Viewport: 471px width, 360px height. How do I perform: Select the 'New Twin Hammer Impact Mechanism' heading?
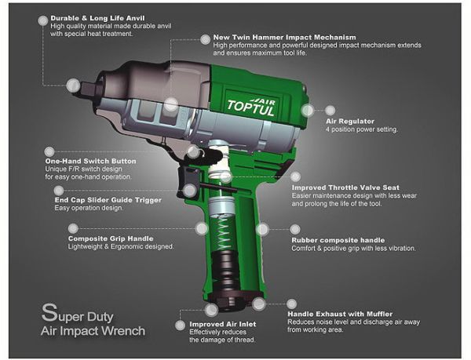click(285, 37)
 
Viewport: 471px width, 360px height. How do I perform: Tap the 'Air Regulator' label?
click(350, 122)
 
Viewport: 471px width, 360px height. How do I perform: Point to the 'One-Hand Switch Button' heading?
click(91, 161)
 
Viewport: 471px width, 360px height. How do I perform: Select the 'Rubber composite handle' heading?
click(337, 239)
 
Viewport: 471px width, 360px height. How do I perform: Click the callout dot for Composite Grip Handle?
click(202, 229)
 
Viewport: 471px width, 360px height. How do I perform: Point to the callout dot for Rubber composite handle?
click(263, 231)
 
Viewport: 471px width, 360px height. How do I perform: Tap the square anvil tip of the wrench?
click(75, 84)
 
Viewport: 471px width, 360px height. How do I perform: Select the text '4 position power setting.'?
click(362, 129)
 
